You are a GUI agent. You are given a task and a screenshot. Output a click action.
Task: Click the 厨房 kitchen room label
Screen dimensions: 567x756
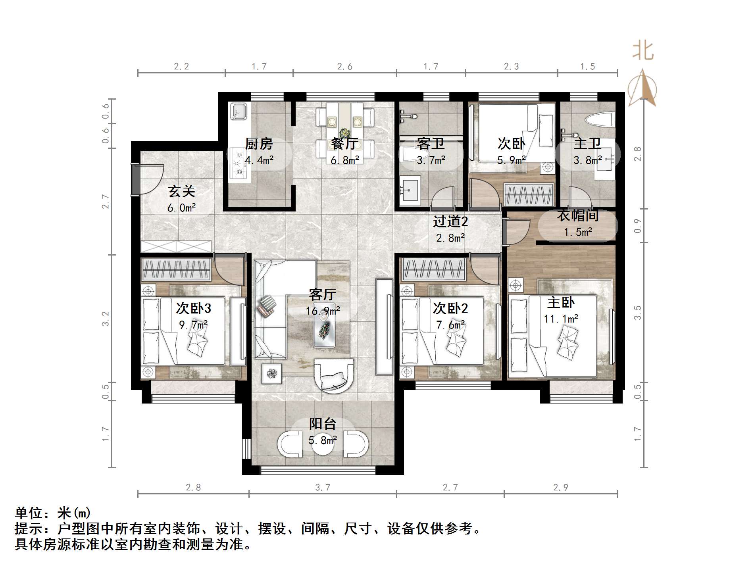point(259,144)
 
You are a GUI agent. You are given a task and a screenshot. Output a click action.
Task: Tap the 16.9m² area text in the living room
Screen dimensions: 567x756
point(322,311)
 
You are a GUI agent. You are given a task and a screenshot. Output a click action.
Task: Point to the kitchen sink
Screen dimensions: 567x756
point(239,111)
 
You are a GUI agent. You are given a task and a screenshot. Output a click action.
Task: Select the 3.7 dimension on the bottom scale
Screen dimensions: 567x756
point(322,487)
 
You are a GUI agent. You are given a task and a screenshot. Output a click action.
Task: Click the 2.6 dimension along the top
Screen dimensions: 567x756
point(344,66)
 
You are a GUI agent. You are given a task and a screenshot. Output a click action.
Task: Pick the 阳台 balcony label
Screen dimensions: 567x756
point(322,424)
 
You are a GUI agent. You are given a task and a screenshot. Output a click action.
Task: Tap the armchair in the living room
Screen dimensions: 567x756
point(333,375)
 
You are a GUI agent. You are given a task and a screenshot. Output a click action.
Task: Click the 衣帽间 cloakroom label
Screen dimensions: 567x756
point(577,216)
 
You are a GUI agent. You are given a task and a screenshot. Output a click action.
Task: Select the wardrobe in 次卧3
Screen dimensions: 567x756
point(176,269)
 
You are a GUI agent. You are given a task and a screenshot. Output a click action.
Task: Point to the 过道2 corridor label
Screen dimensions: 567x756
point(450,221)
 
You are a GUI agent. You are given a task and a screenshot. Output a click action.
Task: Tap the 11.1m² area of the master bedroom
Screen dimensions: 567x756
point(561,319)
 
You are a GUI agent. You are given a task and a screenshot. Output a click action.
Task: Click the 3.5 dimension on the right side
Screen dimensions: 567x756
point(637,312)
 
